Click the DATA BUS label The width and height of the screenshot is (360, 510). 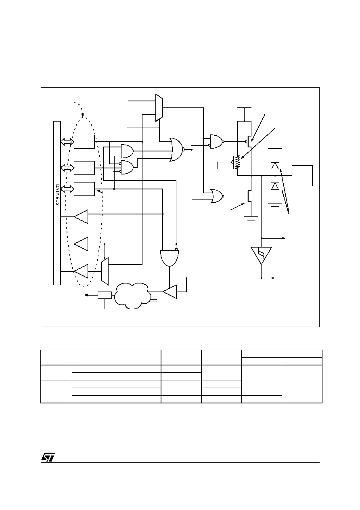coord(58,195)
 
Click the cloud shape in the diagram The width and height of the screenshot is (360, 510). coord(132,296)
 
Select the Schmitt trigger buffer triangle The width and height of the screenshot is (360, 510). coord(261,256)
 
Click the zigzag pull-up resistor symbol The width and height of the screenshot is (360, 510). coord(238,162)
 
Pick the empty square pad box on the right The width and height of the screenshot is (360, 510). coord(302,176)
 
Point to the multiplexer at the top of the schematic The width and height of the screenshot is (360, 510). coord(159,107)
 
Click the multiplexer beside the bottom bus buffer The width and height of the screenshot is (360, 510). coord(105,271)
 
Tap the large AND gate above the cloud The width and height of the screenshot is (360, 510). coord(170,258)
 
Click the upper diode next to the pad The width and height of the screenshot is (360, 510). coord(275,166)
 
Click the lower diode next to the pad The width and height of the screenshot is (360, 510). coord(275,186)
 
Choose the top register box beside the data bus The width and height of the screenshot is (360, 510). coord(84,142)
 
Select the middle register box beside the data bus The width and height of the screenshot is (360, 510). coord(84,168)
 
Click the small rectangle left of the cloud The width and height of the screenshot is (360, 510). coord(105,295)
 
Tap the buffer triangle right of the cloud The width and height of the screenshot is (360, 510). coord(170,292)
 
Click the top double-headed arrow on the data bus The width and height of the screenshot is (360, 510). coord(67,142)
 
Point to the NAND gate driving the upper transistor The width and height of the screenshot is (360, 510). coord(217,142)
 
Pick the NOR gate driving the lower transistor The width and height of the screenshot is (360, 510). coord(217,196)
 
